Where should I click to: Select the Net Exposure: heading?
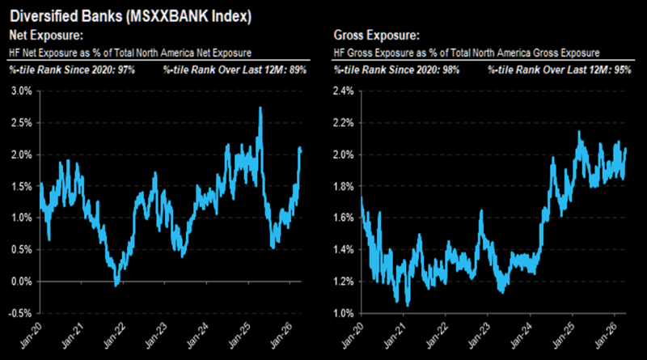[41, 35]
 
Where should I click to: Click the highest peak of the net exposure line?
[260, 108]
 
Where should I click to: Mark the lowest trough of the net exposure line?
[117, 285]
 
